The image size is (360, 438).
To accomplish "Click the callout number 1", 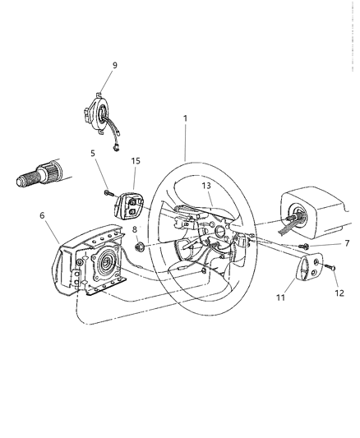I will pyautogui.click(x=185, y=118).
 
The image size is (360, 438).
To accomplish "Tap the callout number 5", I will pyautogui.click(x=92, y=153).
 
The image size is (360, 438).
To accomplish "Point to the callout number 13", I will pyautogui.click(x=207, y=187).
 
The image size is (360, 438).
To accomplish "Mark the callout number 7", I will pyautogui.click(x=348, y=244).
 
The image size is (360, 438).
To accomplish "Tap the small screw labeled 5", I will pyautogui.click(x=108, y=193).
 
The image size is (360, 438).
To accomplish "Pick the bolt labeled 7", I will pyautogui.click(x=305, y=246).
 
